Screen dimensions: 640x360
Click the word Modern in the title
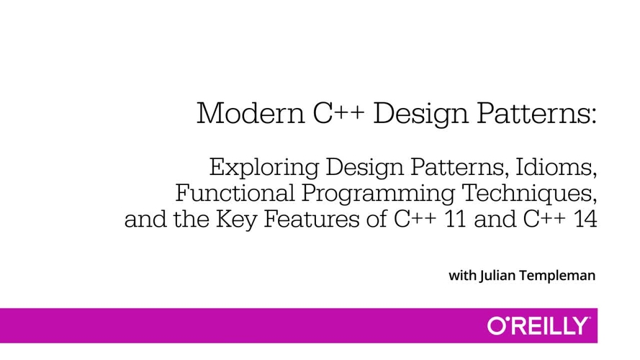click(251, 113)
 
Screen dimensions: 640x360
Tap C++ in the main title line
click(339, 113)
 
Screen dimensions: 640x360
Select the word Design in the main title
click(421, 115)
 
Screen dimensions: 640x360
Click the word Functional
click(235, 193)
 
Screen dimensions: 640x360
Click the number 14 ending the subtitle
click(586, 219)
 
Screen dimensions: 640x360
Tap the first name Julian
click(497, 276)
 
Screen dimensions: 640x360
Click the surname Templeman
click(557, 276)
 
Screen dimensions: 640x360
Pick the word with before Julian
click(462, 276)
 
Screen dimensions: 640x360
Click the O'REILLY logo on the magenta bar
click(538, 325)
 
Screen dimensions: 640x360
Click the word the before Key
click(191, 219)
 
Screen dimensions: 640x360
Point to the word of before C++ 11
click(377, 219)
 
